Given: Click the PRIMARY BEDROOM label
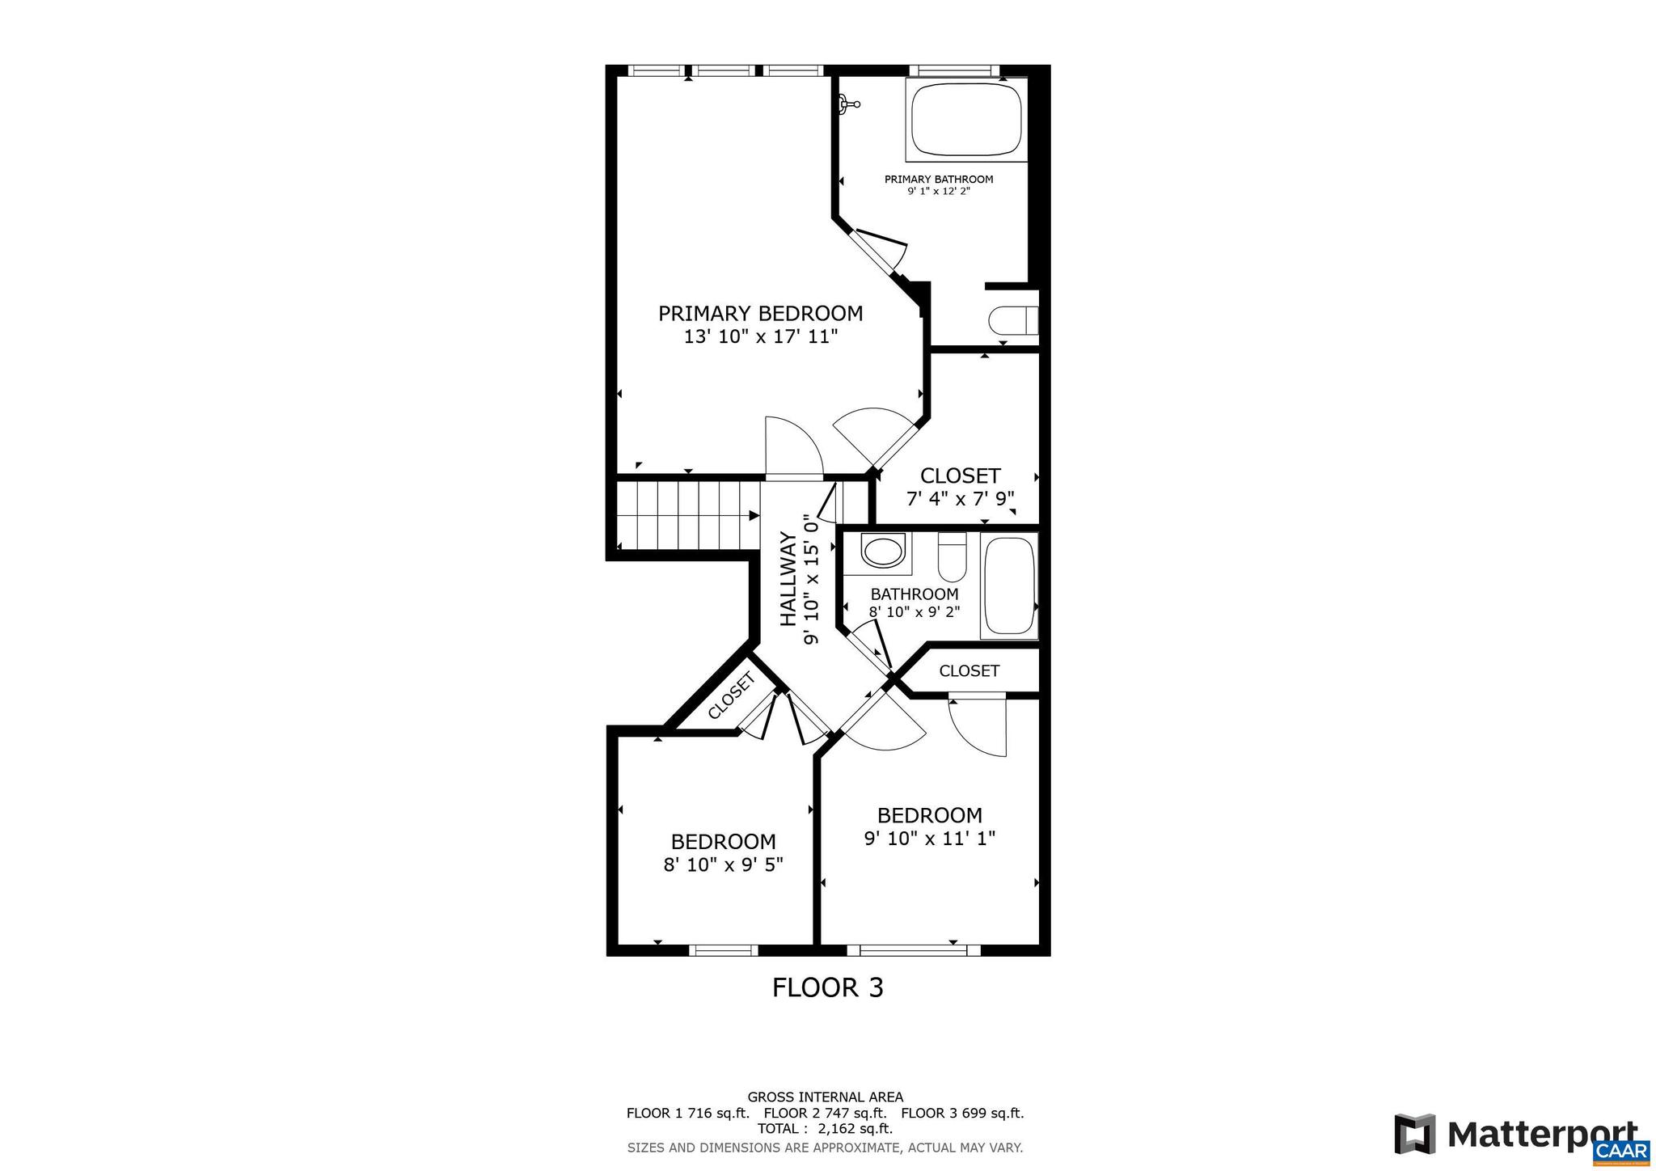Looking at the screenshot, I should click(x=760, y=314).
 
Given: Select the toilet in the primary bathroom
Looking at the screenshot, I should click(x=1012, y=320).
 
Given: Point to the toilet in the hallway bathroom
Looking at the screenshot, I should click(x=952, y=558).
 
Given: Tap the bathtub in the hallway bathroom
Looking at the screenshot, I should click(x=1008, y=586).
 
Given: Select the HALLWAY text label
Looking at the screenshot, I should click(x=788, y=579).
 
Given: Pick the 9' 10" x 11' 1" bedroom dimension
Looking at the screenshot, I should click(x=929, y=839).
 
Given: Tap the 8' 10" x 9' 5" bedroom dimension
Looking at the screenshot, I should click(x=723, y=865).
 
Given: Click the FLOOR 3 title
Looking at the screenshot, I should click(x=827, y=987).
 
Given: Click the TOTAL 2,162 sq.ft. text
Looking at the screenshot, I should click(x=825, y=1129).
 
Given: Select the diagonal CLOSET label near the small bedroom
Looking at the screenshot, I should click(x=731, y=695).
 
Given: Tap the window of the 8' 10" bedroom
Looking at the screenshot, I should click(x=723, y=950).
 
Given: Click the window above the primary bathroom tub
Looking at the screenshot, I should click(x=953, y=70).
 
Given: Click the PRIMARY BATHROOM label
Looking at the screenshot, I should click(x=938, y=180).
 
